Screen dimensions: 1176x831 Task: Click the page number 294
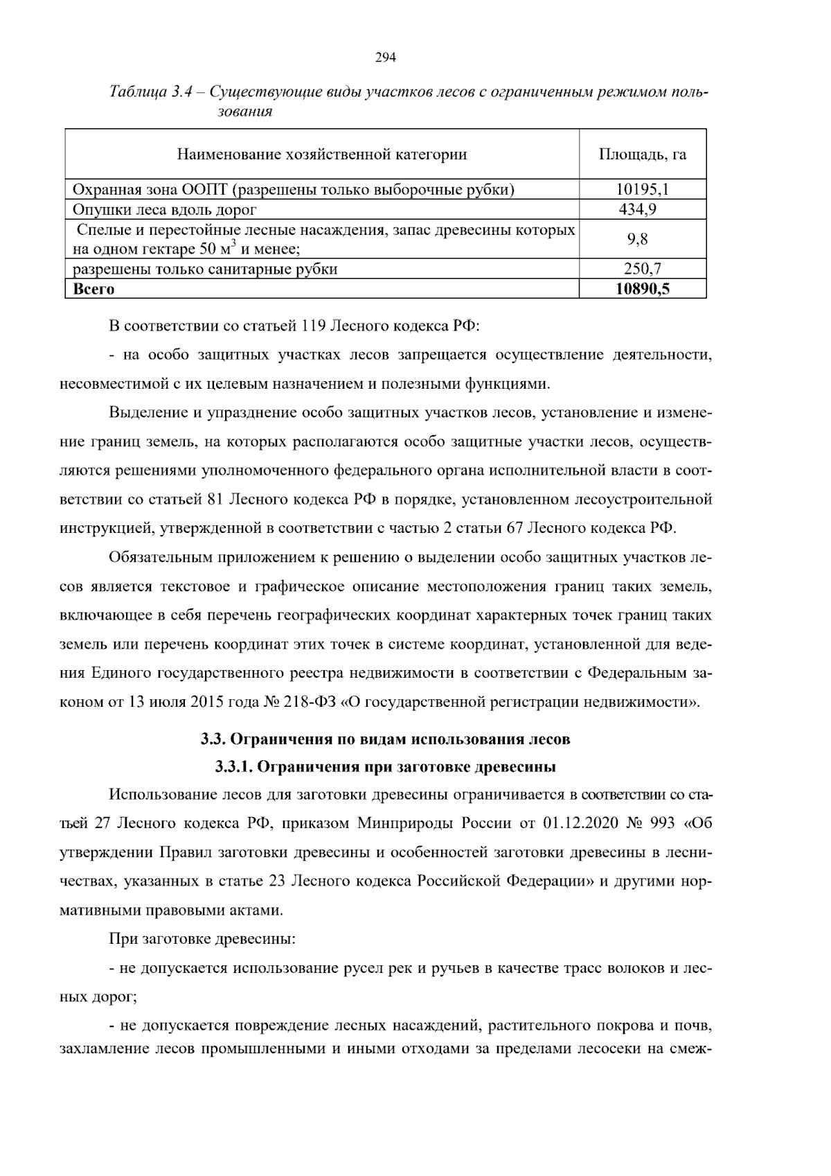point(385,58)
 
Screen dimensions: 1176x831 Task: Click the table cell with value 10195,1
point(642,189)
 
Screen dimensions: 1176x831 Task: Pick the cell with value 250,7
point(642,269)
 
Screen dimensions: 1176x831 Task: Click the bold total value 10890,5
point(642,288)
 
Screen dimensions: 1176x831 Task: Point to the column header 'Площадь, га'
point(642,154)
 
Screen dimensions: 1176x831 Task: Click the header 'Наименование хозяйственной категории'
point(322,154)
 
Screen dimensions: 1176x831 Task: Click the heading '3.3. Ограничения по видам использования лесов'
point(385,739)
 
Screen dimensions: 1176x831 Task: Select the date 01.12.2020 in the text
point(579,823)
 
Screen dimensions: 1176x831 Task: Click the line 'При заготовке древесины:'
point(202,939)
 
